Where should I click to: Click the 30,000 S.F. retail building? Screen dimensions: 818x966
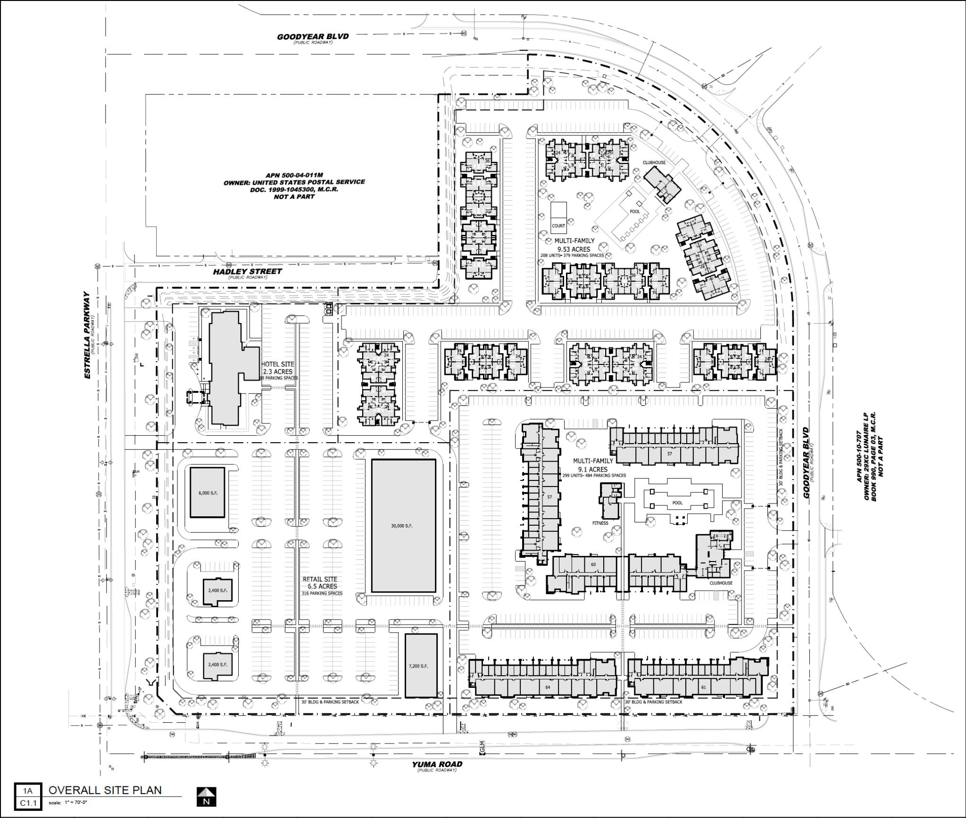coord(403,525)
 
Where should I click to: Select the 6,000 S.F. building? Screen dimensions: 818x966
coord(208,493)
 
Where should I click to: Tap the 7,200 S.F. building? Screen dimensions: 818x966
coord(421,666)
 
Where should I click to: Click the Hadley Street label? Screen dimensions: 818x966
coord(247,272)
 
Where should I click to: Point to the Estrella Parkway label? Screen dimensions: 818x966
coord(87,335)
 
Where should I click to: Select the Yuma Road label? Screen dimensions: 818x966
coord(437,764)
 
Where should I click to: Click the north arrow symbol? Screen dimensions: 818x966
coord(206,796)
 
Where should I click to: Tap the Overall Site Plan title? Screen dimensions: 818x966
coord(105,790)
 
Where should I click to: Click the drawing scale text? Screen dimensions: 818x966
coord(68,802)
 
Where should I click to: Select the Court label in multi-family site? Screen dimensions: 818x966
coord(558,226)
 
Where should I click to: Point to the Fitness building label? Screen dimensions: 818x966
coord(600,523)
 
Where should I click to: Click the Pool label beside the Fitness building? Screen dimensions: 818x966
coord(677,503)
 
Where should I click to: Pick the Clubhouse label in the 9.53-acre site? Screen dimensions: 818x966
coord(654,163)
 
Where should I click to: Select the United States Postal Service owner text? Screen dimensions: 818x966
coord(294,182)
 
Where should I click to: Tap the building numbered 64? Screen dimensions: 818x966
coord(548,687)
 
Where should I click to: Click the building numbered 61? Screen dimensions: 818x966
coord(703,687)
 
